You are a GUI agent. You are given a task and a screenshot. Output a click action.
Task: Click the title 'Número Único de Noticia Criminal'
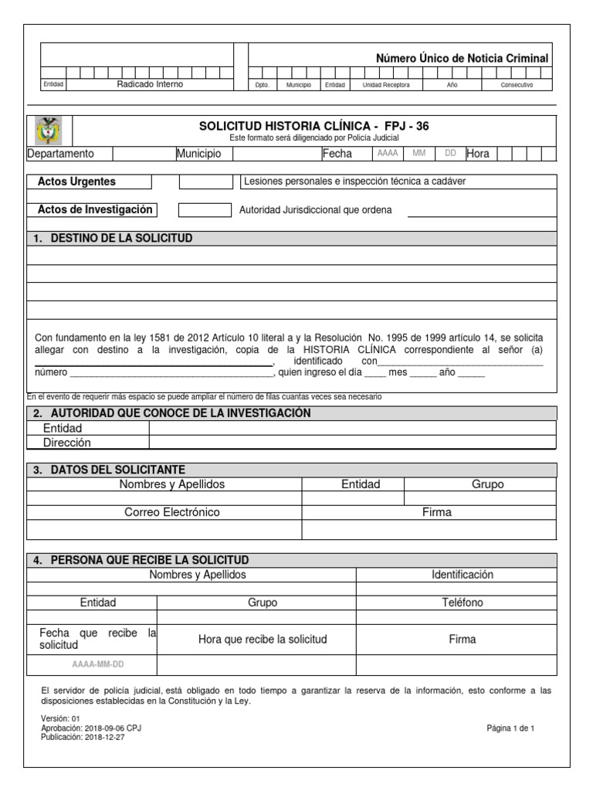point(462,58)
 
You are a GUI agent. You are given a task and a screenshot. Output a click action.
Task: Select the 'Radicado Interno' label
point(150,84)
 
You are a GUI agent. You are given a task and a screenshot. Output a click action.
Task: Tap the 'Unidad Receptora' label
point(386,85)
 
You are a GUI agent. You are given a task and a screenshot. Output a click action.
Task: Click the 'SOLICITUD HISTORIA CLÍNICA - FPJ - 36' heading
point(313,125)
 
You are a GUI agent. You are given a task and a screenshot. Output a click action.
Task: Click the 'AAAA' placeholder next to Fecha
point(388,153)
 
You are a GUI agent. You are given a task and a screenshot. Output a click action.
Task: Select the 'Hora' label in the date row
point(478,154)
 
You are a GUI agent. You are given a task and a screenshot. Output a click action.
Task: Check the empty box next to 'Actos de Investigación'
point(205,210)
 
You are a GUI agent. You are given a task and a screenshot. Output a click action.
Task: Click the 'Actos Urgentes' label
point(76,182)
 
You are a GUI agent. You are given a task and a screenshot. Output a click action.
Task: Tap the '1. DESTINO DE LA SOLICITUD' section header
point(114,238)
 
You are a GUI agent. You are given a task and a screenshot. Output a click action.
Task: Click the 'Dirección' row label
point(67,443)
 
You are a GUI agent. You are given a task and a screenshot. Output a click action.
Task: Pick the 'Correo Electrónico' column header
point(172,512)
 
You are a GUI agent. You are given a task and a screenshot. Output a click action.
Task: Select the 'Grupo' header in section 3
point(487,484)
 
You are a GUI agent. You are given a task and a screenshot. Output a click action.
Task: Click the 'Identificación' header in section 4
point(462,575)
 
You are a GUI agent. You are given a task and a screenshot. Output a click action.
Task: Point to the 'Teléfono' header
point(462,603)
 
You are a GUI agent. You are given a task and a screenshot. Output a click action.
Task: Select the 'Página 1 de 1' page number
point(510,728)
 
